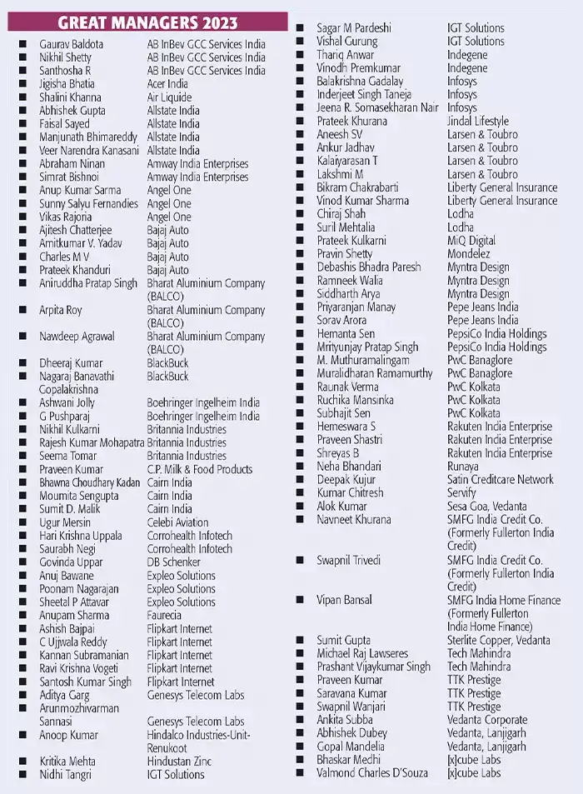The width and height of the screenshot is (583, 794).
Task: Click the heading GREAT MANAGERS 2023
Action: click(147, 22)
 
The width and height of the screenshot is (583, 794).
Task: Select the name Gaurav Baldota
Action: click(72, 44)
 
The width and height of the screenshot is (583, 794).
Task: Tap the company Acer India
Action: click(167, 84)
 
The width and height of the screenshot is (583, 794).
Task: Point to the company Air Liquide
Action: click(169, 97)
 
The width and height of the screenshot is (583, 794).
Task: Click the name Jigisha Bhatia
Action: click(67, 84)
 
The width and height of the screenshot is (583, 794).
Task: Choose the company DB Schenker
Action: click(176, 562)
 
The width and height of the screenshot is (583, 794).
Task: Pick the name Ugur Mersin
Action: click(66, 522)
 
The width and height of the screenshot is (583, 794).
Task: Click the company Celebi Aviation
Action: click(177, 522)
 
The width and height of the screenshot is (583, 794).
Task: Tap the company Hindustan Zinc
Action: click(180, 762)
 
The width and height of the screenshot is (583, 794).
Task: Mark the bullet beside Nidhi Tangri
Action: click(23, 775)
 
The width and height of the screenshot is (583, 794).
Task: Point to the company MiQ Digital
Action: click(471, 241)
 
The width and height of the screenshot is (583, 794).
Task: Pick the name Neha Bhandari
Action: click(349, 467)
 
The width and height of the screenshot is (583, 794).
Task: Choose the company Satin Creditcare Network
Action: click(500, 480)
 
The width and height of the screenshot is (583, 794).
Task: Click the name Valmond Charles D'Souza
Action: click(372, 773)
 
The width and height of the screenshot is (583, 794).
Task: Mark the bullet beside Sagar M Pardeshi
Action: click(300, 28)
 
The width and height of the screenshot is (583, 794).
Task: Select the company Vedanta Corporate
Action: click(487, 720)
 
